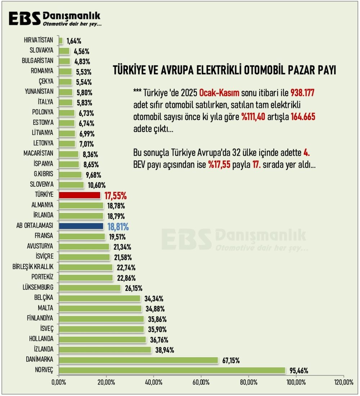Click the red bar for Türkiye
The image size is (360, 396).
tap(80, 195)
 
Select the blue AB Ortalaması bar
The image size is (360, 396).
tap(81, 226)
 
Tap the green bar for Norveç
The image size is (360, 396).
tap(172, 370)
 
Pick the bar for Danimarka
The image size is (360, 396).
tap(138, 360)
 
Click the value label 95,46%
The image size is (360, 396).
tap(299, 371)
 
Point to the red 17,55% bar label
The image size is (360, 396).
tap(116, 196)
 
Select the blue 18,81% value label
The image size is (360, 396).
tap(118, 227)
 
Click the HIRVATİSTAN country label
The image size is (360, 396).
tap(39, 40)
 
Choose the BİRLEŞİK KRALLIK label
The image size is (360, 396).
tap(33, 267)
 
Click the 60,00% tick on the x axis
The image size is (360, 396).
tap(201, 382)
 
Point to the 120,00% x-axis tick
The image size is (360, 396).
tap(343, 382)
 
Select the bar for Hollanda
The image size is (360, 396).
tap(102, 340)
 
